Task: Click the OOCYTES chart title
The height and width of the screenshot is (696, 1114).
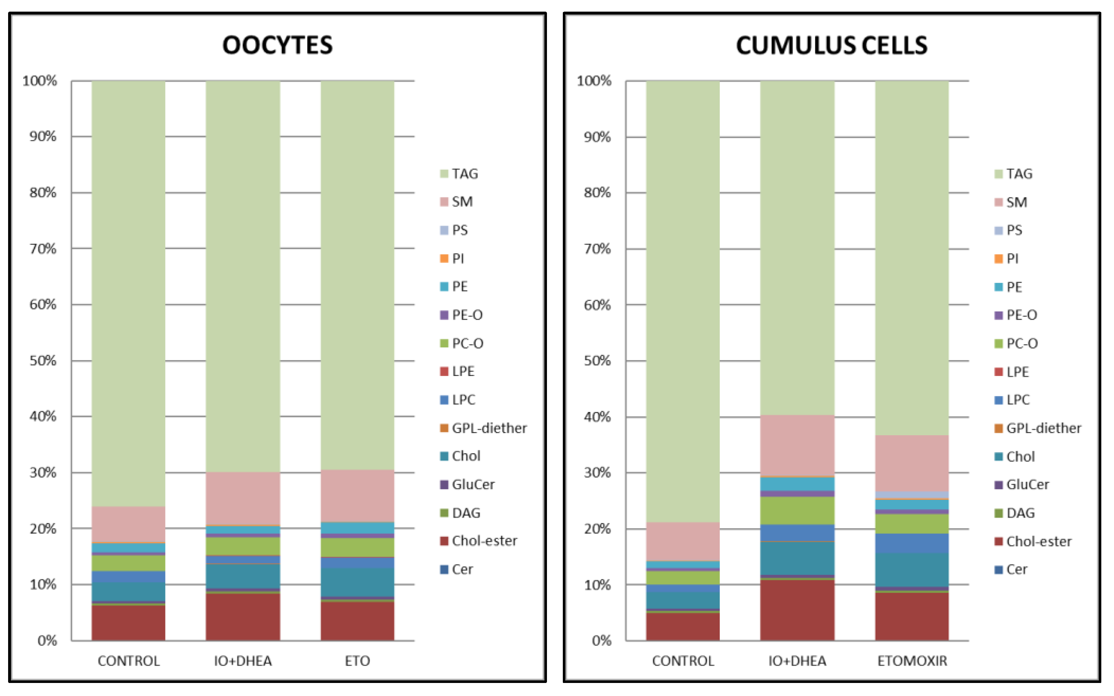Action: coord(277,45)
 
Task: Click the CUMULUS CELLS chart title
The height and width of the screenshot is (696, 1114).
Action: coord(831,45)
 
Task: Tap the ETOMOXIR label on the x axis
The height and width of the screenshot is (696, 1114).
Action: coord(912,661)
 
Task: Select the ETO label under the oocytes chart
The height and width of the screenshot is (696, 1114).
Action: coord(357,661)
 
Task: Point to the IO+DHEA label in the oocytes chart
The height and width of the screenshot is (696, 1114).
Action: coord(243,661)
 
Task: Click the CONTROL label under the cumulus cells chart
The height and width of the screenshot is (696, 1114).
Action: coord(683,661)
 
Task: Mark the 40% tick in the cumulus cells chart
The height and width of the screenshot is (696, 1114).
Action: coord(597,417)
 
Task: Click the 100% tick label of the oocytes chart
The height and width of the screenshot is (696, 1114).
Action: coord(40,81)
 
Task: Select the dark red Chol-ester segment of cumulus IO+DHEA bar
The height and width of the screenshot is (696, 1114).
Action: coord(797,610)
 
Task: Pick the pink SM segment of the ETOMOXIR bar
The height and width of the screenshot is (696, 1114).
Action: coord(912,463)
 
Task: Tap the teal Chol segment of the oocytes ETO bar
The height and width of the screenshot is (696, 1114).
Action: coord(357,582)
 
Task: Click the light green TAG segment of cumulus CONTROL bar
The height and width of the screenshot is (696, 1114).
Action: coord(683,299)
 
